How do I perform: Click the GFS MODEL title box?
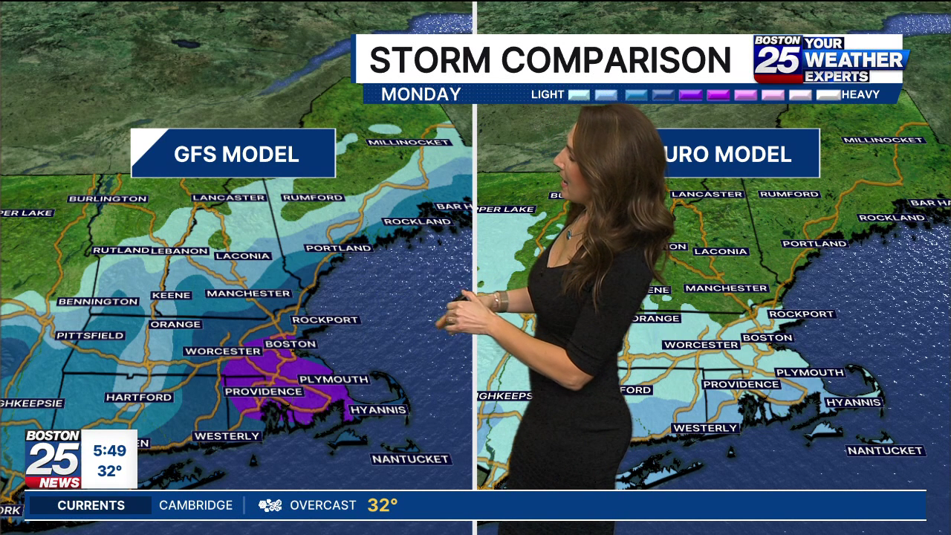[x=233, y=154]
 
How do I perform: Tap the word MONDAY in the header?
[x=421, y=94]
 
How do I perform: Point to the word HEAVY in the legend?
[x=860, y=94]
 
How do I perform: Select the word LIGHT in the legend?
[x=548, y=94]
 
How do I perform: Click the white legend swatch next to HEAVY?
[x=828, y=94]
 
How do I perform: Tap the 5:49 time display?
[x=109, y=450]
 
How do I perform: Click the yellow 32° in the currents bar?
[x=383, y=505]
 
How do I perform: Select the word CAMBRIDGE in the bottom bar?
[x=195, y=505]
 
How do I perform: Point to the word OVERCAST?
[x=322, y=505]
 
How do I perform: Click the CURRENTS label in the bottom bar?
[x=91, y=505]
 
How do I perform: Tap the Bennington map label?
[x=98, y=302]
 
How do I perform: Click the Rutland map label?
[x=120, y=250]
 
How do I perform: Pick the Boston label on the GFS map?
[x=291, y=344]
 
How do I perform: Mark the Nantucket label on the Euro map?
[x=885, y=450]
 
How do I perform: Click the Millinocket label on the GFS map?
[x=408, y=142]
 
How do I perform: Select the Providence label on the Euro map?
[x=741, y=384]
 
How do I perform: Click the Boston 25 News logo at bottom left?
[x=53, y=459]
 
